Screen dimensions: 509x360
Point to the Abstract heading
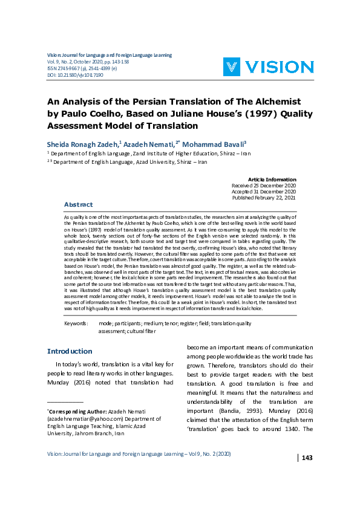[x=78, y=204]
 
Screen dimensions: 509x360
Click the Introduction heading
[x=70, y=351]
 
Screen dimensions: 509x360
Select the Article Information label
[x=272, y=180]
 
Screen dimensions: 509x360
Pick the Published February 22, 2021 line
[x=264, y=198]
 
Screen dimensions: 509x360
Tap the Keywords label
[x=76, y=324]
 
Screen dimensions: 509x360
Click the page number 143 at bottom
[x=307, y=458]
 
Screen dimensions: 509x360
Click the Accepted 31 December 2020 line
[x=264, y=192]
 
